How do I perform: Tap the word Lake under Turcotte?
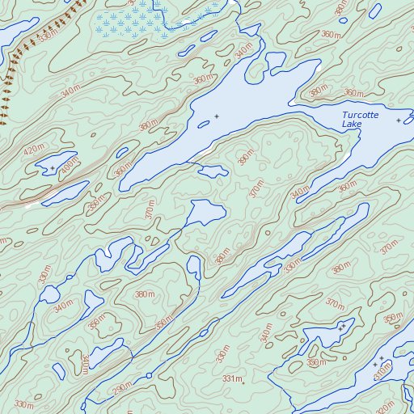pyautogui.click(x=352, y=125)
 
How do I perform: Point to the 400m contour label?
pyautogui.click(x=70, y=165)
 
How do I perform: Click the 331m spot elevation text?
pyautogui.click(x=231, y=379)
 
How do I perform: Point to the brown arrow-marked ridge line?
pyautogui.click(x=16, y=65)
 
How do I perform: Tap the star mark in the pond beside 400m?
pyautogui.click(x=53, y=168)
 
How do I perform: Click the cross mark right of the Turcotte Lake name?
pyautogui.click(x=399, y=120)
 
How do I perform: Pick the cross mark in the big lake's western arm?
pyautogui.click(x=216, y=117)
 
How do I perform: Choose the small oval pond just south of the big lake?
pyautogui.click(x=213, y=171)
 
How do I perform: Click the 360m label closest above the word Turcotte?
pyautogui.click(x=353, y=94)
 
